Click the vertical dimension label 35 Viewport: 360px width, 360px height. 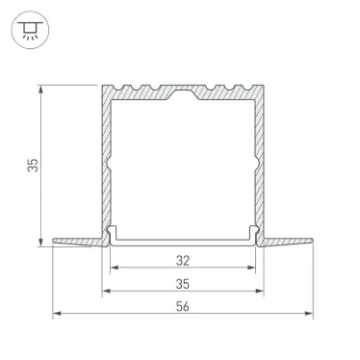pos(32,166)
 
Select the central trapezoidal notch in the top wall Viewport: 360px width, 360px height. pos(183,95)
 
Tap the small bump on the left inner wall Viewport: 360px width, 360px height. pos(112,159)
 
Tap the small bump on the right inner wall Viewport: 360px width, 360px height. pos(253,159)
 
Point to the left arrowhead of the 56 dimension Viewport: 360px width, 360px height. pos(56,314)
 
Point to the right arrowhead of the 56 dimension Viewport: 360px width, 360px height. pos(309,314)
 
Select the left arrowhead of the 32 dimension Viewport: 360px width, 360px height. pos(114,267)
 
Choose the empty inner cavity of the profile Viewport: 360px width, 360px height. pos(183,164)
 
